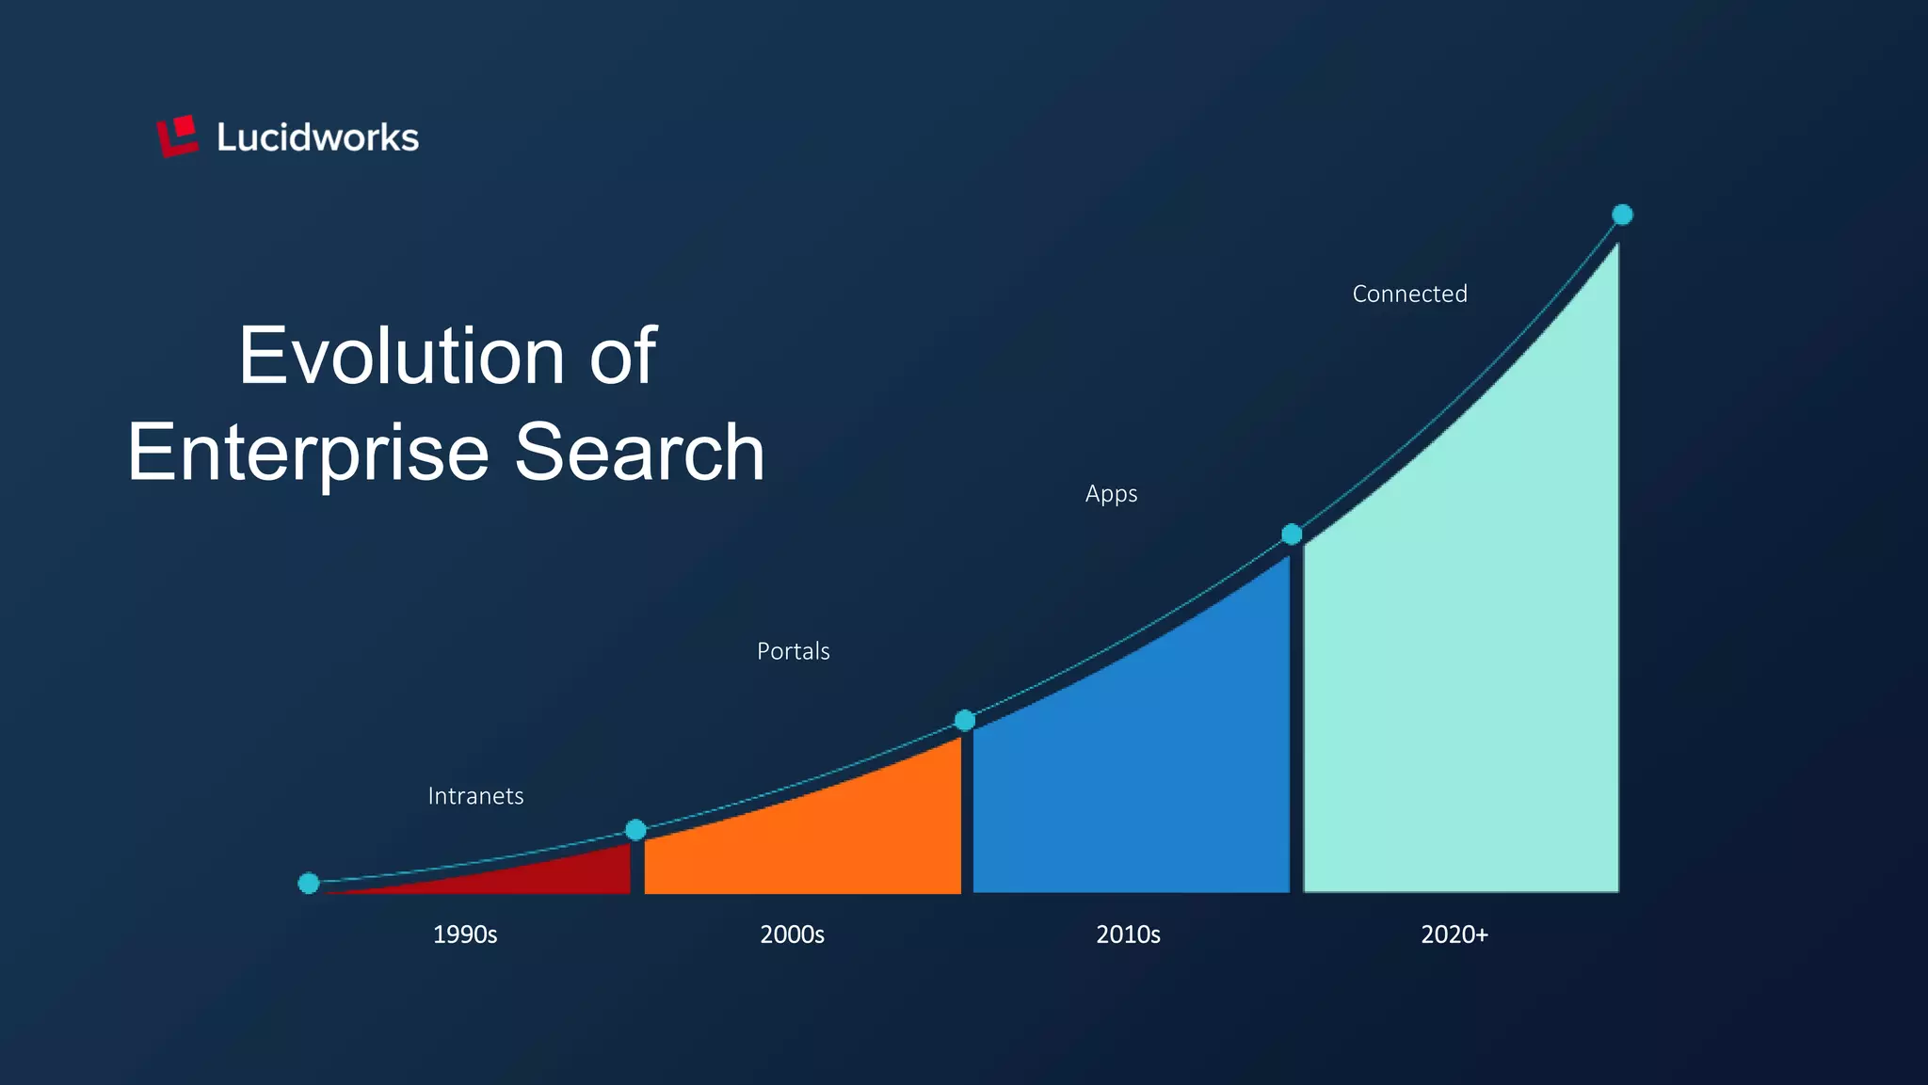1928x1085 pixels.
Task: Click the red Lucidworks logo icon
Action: pos(177,136)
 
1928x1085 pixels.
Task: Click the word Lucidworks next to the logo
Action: pos(317,138)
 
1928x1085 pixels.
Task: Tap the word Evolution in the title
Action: pos(399,356)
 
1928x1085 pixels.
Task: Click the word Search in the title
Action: pos(639,453)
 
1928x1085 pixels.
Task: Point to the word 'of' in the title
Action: pos(622,356)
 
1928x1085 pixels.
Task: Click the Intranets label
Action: pos(475,796)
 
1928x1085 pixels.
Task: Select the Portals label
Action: pos(793,651)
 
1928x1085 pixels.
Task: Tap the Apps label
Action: pos(1111,494)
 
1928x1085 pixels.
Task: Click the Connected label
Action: pos(1409,295)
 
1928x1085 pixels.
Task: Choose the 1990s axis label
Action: pos(465,934)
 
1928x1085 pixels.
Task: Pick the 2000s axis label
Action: pos(792,934)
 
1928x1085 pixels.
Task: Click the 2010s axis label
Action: pos(1128,934)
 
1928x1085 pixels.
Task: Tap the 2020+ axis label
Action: pos(1454,934)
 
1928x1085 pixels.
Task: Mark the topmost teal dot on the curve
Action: pos(1622,215)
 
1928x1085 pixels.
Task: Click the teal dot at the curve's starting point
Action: pos(309,883)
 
